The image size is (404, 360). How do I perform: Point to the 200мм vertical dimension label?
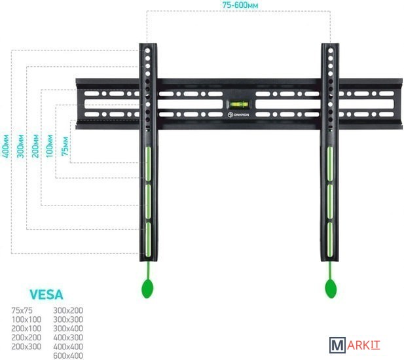(35, 143)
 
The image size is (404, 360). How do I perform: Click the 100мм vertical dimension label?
(50, 143)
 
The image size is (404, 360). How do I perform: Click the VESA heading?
(46, 295)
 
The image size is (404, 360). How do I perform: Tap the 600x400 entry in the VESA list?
(67, 355)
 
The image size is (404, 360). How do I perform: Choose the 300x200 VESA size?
(67, 310)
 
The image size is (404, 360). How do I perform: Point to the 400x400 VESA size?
(67, 346)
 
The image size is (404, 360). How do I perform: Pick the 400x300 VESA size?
(67, 337)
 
